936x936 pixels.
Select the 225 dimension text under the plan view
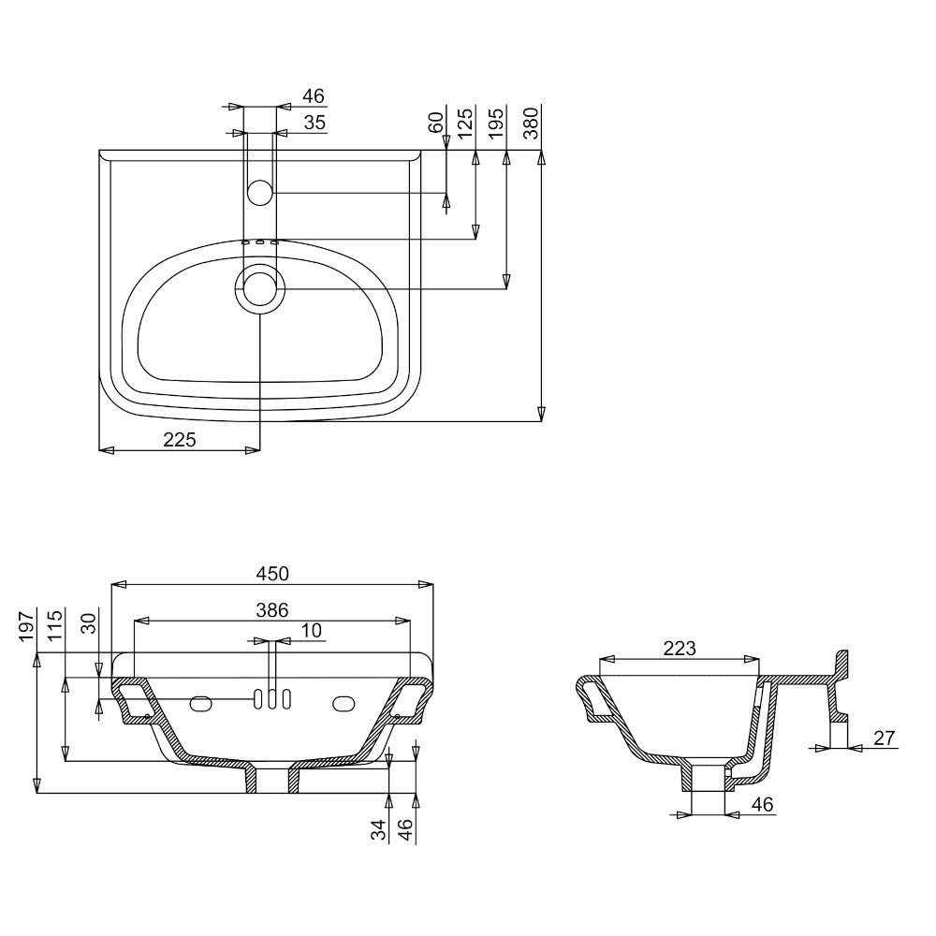(180, 440)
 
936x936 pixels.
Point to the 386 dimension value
(272, 610)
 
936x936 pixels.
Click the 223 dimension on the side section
(680, 649)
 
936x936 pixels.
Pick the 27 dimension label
(885, 739)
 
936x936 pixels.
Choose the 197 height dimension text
(27, 626)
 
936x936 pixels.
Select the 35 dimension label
(315, 122)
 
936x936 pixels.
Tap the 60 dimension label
(437, 122)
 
